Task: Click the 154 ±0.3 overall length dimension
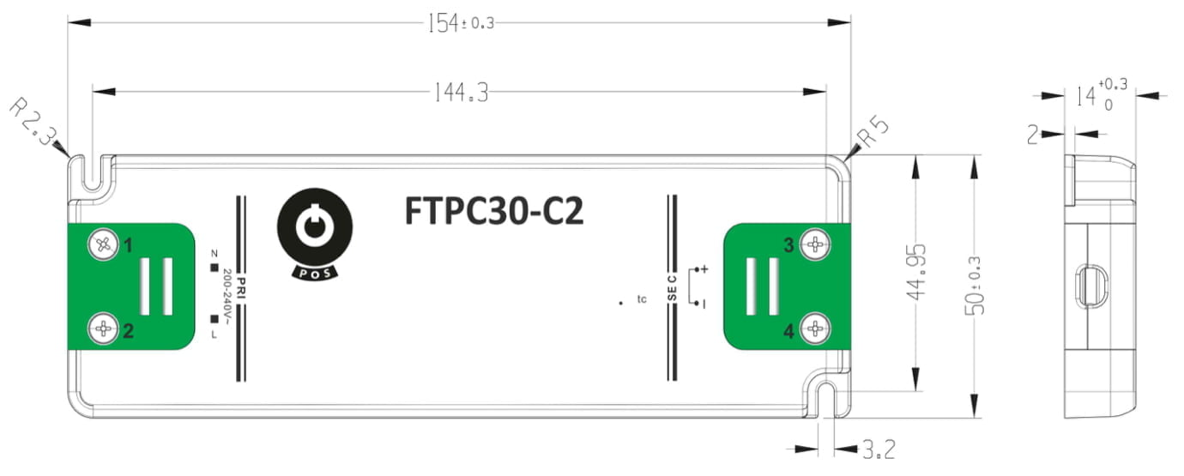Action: coord(461,23)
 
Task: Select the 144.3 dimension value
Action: coord(461,93)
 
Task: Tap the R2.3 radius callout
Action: coord(33,122)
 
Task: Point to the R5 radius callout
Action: coord(873,131)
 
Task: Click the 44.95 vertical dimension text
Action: coord(916,272)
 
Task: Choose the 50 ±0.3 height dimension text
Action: coord(975,286)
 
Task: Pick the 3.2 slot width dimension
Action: coord(879,449)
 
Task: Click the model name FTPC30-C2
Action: coord(494,211)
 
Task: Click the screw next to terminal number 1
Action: coord(104,244)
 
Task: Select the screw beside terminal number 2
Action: coord(104,329)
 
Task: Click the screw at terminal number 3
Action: coord(816,244)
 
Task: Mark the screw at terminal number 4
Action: coord(816,328)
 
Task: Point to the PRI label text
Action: coord(242,288)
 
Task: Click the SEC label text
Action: coord(672,288)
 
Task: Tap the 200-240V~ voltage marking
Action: coord(227,297)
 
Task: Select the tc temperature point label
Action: coord(642,299)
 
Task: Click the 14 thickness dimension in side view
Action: coord(1102,95)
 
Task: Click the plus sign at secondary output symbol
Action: coord(704,269)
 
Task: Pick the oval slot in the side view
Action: coord(1092,286)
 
